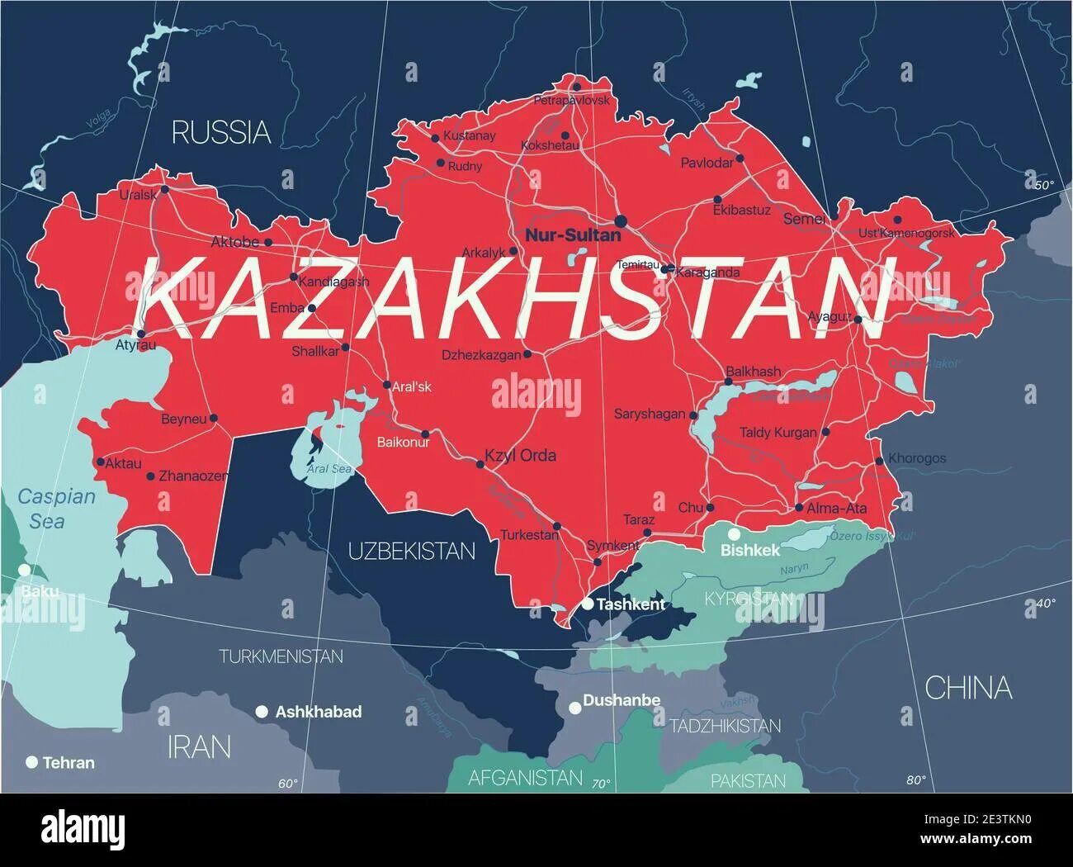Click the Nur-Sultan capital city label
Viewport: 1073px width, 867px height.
coord(573,235)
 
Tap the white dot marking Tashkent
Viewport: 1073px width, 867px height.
coord(587,604)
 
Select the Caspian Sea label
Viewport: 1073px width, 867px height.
coord(56,509)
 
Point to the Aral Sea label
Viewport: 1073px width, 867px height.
coord(329,469)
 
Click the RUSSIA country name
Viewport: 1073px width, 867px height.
coord(220,132)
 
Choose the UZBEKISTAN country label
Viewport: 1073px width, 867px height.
coord(411,552)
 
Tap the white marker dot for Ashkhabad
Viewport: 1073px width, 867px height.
coord(262,711)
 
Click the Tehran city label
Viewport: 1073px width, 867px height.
coord(69,763)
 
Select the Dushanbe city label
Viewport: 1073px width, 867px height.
coord(621,700)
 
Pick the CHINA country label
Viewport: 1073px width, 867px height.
coord(967,687)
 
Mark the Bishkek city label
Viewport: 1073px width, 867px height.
coord(749,550)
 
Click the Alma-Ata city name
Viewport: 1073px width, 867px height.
coord(836,509)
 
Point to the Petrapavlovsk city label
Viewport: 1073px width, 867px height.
coord(571,100)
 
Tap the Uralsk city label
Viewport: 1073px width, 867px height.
coord(138,195)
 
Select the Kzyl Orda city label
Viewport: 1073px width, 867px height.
coord(520,455)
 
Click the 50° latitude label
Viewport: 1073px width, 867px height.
coord(1044,185)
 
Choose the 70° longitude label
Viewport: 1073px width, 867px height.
coord(600,783)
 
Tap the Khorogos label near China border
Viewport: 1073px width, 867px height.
coord(916,458)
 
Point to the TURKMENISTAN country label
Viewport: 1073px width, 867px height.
coord(281,656)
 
